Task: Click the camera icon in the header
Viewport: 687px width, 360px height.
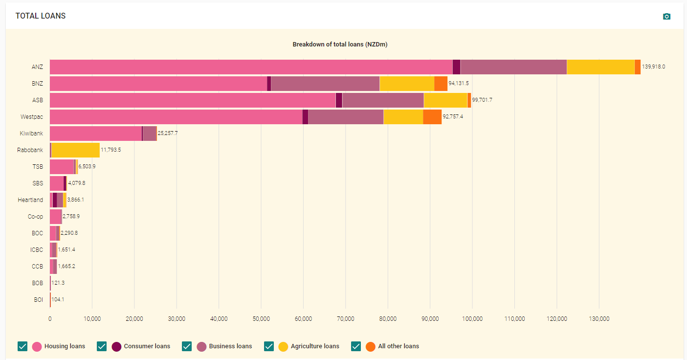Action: click(666, 17)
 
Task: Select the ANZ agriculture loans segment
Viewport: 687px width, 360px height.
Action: click(600, 67)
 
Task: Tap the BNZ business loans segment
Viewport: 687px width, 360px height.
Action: click(325, 84)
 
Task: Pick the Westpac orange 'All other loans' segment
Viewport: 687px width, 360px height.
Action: click(432, 117)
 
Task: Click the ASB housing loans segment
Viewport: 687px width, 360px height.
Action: click(193, 100)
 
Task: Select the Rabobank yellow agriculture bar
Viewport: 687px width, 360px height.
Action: click(75, 150)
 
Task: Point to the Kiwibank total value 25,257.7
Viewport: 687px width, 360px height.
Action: click(168, 133)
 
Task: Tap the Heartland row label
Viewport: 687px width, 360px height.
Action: click(30, 200)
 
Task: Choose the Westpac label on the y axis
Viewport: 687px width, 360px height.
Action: click(32, 117)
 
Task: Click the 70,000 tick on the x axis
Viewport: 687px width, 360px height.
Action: click(345, 319)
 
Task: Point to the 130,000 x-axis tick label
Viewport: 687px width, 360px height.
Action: click(599, 319)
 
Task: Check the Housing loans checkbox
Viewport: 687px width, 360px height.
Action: click(22, 346)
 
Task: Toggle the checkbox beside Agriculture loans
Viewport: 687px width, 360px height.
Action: click(268, 346)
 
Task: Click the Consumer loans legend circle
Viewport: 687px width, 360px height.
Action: click(116, 346)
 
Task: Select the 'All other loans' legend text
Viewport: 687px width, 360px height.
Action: click(399, 346)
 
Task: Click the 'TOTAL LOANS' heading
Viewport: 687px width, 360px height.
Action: click(41, 16)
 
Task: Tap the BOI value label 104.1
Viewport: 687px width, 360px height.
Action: click(58, 300)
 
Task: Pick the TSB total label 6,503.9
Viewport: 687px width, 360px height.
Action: click(87, 167)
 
